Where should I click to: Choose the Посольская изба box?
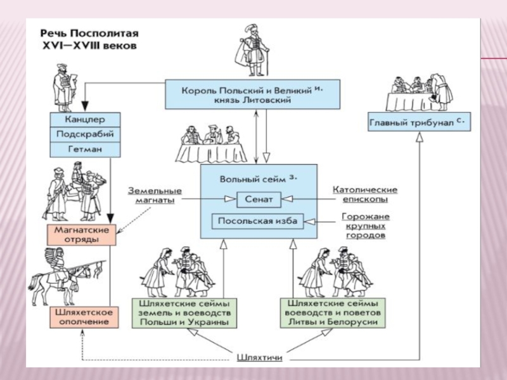click(x=257, y=221)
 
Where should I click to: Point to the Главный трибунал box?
click(x=420, y=122)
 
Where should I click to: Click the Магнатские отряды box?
click(x=81, y=234)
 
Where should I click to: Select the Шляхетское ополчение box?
click(x=80, y=317)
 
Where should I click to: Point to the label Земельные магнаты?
click(x=155, y=195)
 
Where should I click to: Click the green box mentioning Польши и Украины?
click(x=185, y=313)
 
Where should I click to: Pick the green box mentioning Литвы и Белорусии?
click(x=333, y=313)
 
